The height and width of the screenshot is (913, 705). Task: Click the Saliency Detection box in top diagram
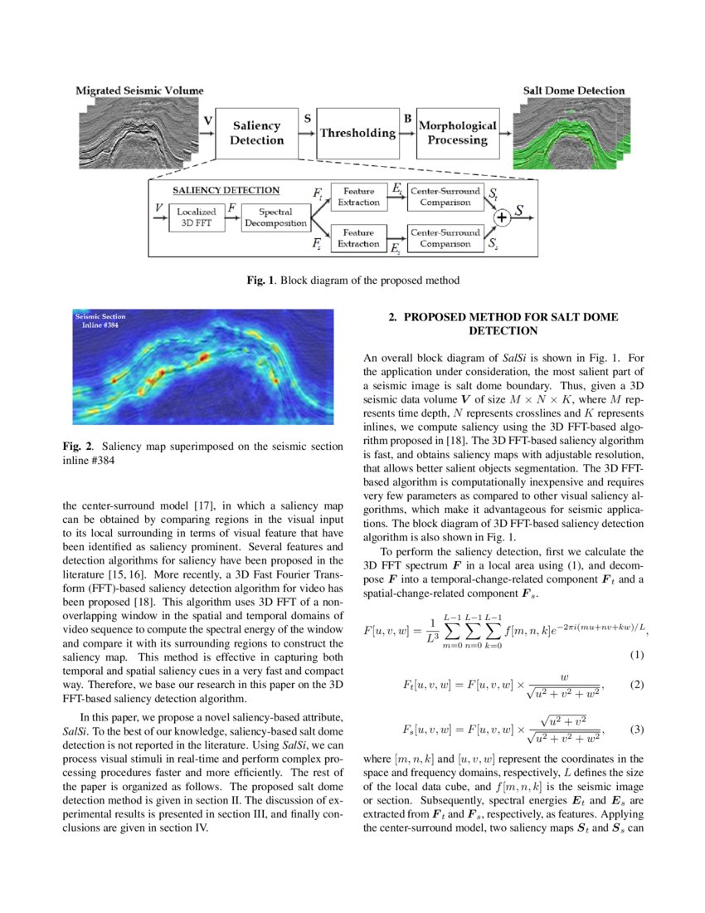(x=256, y=133)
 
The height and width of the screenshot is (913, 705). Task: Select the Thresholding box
(x=357, y=133)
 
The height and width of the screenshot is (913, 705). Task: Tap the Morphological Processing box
(x=458, y=133)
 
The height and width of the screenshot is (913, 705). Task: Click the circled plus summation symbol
(x=501, y=218)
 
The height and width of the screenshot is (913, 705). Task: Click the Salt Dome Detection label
(x=573, y=90)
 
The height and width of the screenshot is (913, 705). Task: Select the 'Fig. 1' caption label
(x=260, y=281)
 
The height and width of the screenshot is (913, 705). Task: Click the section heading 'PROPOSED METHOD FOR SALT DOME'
(x=504, y=317)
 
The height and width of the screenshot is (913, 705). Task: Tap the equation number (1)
(x=635, y=656)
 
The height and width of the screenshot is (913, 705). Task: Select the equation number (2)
(x=637, y=686)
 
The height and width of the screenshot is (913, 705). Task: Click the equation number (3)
(x=637, y=730)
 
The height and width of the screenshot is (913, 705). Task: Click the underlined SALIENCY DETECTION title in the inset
(x=226, y=190)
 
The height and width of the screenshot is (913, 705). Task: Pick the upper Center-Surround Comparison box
(x=445, y=197)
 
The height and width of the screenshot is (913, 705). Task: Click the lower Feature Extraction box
(x=358, y=238)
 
